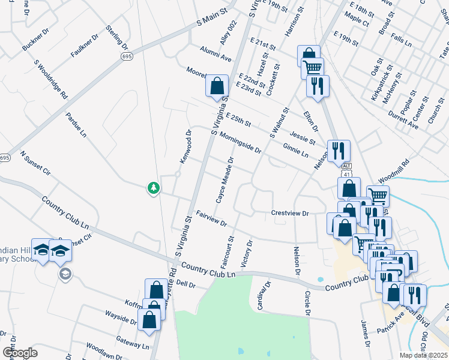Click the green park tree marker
coord(154,188)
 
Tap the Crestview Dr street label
coord(289,213)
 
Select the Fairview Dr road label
coord(212,219)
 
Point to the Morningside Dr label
coord(240,142)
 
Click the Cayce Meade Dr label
coord(224,178)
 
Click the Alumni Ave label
coord(215,53)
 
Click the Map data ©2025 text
coord(423,355)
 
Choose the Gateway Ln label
coord(133,342)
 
